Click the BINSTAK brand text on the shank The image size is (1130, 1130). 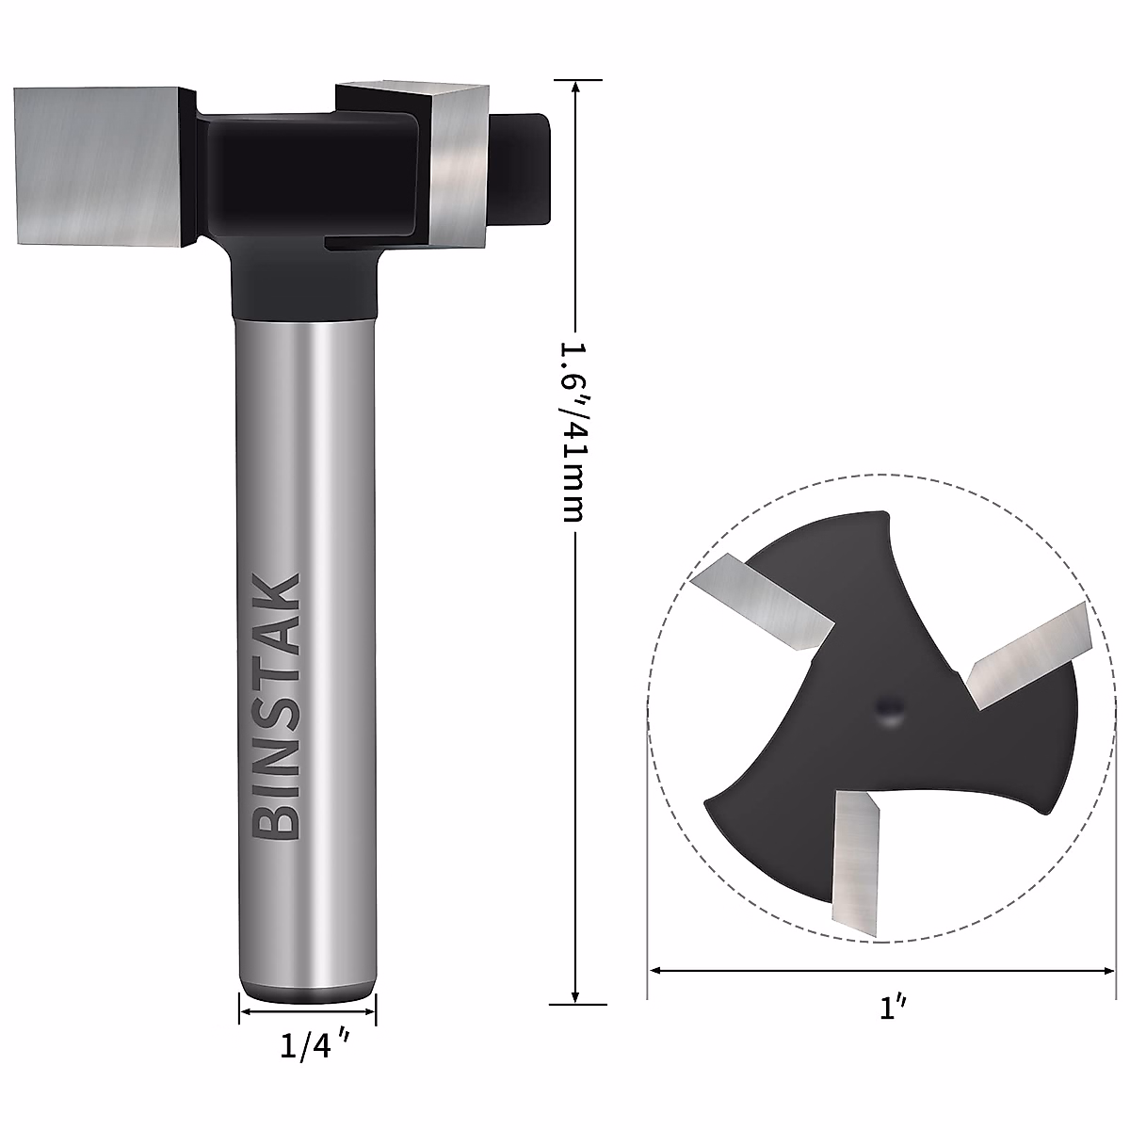tap(278, 706)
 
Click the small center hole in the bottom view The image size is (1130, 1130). tap(887, 708)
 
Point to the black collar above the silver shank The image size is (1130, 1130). tap(304, 282)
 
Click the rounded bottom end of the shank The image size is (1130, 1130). tap(307, 989)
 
